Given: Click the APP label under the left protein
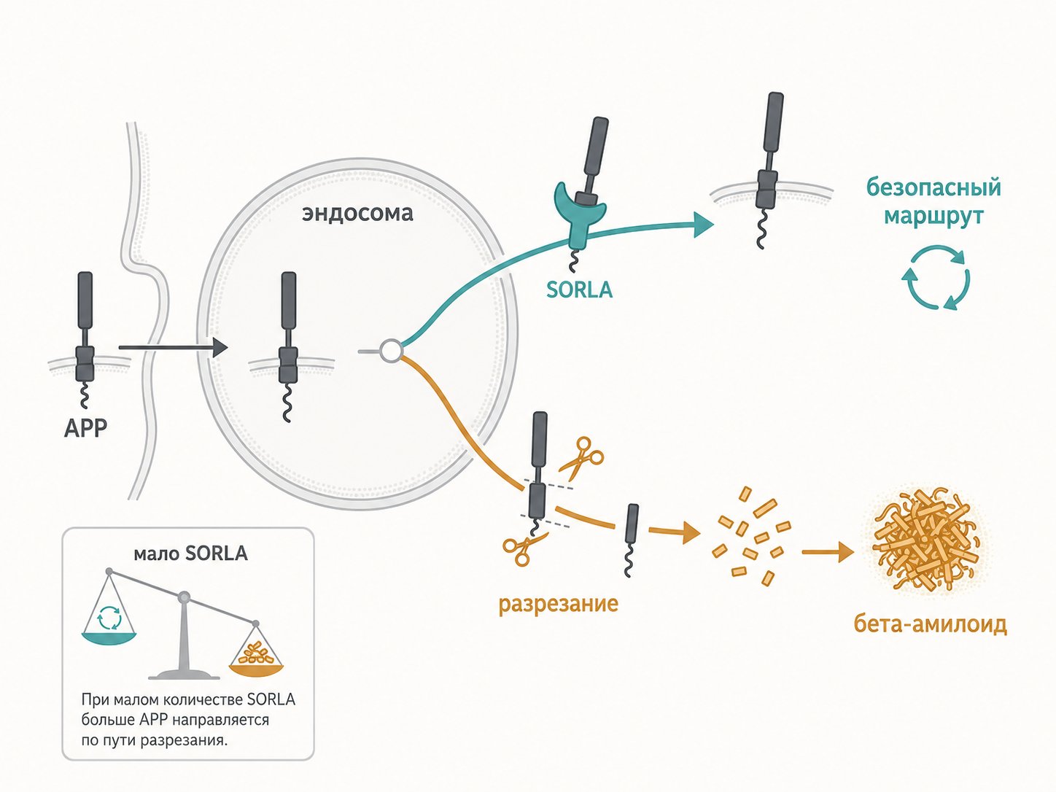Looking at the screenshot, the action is (x=85, y=427).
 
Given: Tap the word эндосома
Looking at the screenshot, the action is (x=357, y=214).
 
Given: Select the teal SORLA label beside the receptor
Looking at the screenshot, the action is (x=579, y=290).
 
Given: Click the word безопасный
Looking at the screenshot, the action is (x=933, y=187).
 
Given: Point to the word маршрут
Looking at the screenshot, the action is (x=933, y=217).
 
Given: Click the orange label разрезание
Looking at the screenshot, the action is (x=558, y=604).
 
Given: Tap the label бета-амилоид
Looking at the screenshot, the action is (x=930, y=624).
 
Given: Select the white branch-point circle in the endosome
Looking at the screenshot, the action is (x=391, y=351).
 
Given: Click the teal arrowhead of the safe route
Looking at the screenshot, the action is (x=703, y=224).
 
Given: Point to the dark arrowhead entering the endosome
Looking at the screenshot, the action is (x=219, y=348).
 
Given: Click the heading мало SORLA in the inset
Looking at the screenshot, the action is (x=190, y=554).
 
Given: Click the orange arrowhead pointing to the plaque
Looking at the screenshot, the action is (x=846, y=552).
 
